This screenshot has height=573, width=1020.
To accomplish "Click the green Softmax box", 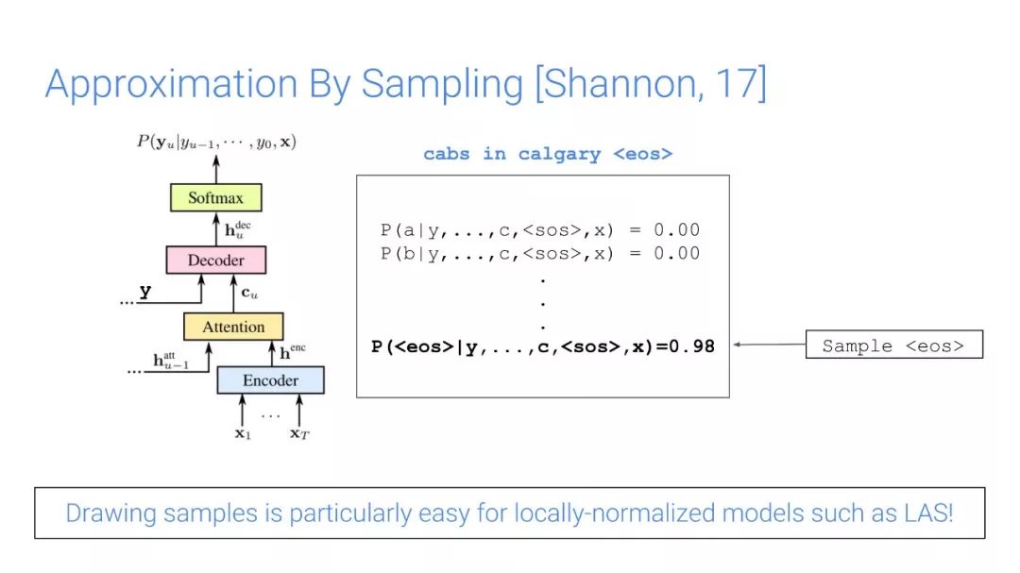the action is click(x=216, y=197).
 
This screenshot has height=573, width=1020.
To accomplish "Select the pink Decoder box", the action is click(x=216, y=261).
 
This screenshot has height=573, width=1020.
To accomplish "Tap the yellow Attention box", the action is click(x=233, y=327).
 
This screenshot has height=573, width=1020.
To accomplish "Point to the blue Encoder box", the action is click(x=271, y=380).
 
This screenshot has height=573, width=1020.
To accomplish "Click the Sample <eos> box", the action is click(x=894, y=345).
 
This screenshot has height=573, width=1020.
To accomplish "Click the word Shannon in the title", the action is click(x=619, y=84).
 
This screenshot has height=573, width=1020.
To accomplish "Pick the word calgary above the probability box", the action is click(x=559, y=155).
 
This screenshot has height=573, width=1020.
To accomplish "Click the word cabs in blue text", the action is click(x=446, y=154).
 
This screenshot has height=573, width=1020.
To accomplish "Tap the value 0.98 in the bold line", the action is click(x=692, y=346).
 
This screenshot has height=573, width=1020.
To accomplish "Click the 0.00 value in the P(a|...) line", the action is click(x=677, y=230).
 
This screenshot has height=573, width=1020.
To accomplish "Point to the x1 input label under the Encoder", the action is click(x=243, y=433).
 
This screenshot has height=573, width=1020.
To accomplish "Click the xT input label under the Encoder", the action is click(x=299, y=433).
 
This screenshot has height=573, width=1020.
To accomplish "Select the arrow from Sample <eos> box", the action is click(x=770, y=345).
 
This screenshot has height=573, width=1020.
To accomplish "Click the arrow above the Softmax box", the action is click(x=216, y=169).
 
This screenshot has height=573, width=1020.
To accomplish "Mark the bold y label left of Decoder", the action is click(x=145, y=291).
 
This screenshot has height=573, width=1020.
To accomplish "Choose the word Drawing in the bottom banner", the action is click(x=111, y=514).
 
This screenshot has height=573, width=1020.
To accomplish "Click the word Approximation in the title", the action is click(x=171, y=85).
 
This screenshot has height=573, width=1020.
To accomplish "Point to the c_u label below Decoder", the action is click(x=249, y=294).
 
